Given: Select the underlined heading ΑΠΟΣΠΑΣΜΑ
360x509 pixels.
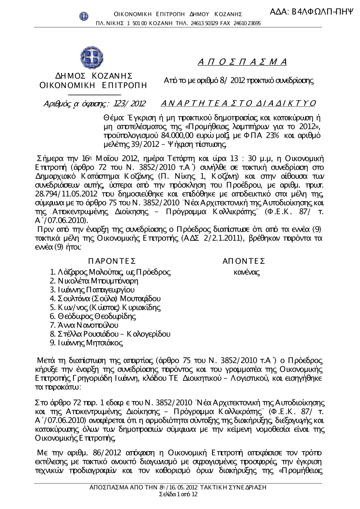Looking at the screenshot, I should (x=242, y=62).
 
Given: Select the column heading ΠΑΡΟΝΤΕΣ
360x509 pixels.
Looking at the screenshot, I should (x=112, y=261).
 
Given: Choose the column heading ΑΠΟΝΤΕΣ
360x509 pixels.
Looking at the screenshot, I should (x=244, y=261).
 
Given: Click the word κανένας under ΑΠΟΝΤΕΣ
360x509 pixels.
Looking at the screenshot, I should (x=247, y=272).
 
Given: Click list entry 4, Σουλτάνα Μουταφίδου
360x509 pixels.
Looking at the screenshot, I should (x=105, y=299).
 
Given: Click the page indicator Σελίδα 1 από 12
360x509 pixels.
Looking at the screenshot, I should (x=178, y=494).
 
